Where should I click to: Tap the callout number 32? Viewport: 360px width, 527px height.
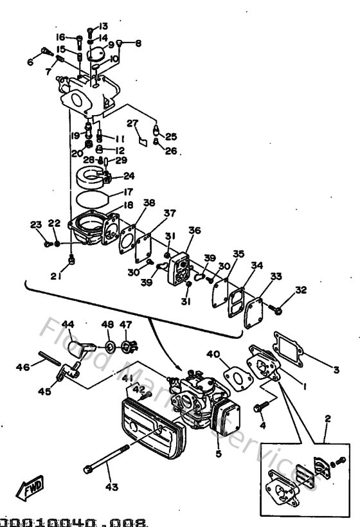tap(301, 290)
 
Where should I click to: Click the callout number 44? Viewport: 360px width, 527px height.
tap(69, 324)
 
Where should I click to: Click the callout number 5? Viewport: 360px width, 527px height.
tap(218, 454)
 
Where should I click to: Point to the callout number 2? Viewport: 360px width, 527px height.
tap(327, 418)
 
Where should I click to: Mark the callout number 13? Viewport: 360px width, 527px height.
tap(104, 27)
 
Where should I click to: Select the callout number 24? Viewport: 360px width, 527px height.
tap(129, 175)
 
